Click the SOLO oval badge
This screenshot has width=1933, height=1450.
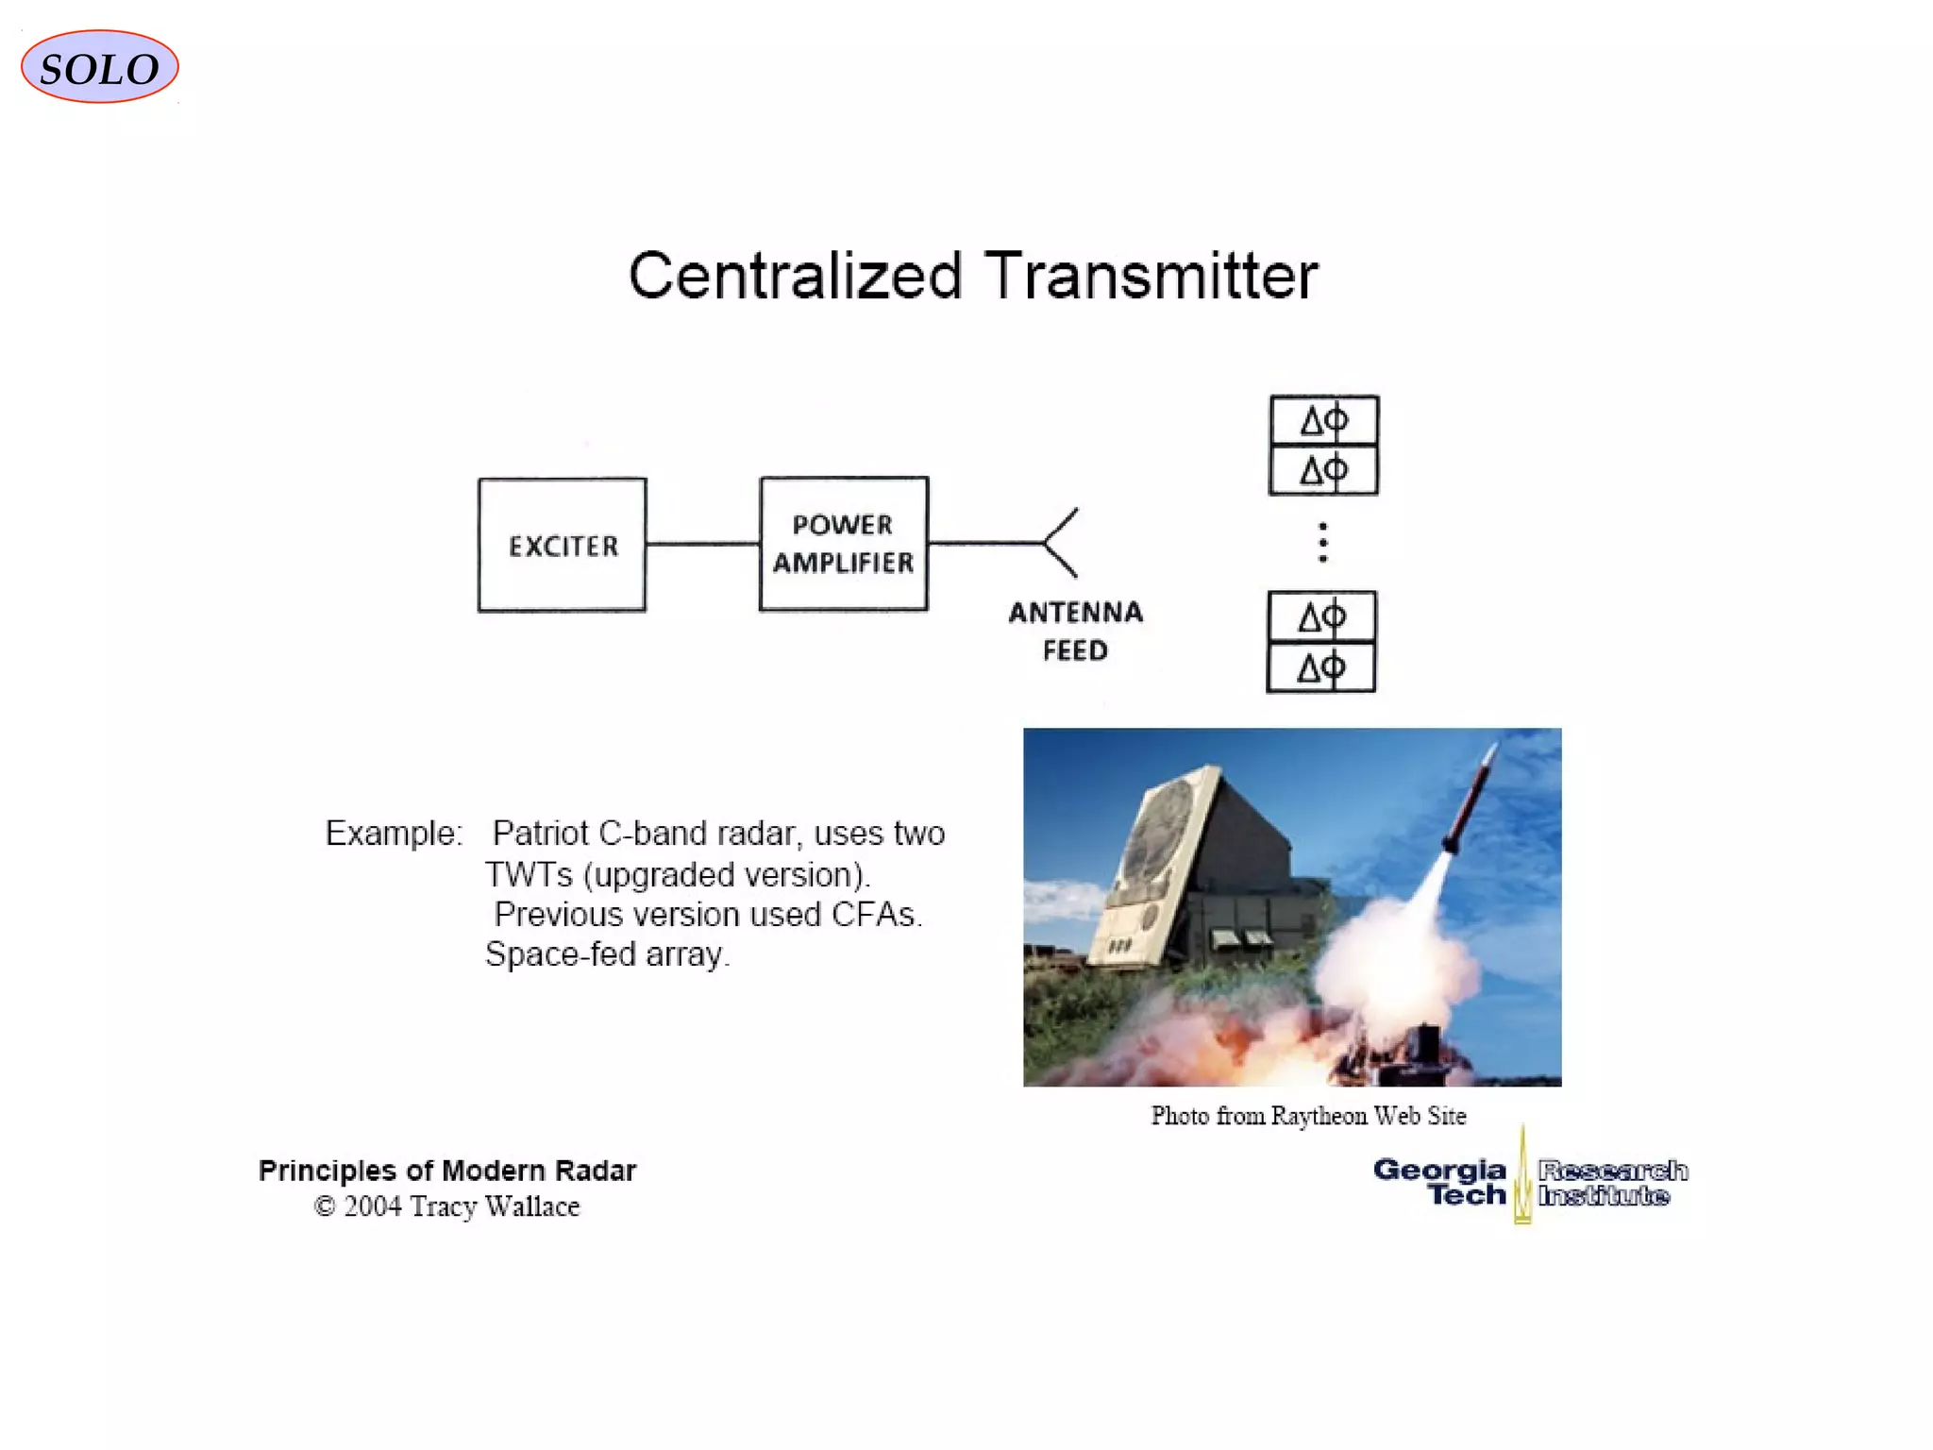pyautogui.click(x=99, y=67)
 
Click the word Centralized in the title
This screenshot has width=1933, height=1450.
pyautogui.click(x=795, y=276)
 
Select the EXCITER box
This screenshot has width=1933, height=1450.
pyautogui.click(x=563, y=545)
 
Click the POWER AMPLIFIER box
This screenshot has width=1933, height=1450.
pyautogui.click(x=844, y=544)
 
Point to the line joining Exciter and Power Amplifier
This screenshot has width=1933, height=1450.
pyautogui.click(x=703, y=544)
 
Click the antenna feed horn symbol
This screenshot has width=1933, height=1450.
pyautogui.click(x=1061, y=543)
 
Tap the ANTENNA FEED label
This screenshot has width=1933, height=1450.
pyautogui.click(x=1075, y=632)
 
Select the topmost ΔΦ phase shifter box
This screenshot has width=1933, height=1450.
pyautogui.click(x=1323, y=421)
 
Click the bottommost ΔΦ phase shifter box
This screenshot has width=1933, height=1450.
pyautogui.click(x=1320, y=668)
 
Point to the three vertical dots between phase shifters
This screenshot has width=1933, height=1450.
pyautogui.click(x=1323, y=543)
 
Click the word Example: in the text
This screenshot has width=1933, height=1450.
pyautogui.click(x=394, y=834)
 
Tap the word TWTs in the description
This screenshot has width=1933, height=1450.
pyautogui.click(x=529, y=875)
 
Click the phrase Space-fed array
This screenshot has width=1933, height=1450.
pyautogui.click(x=608, y=954)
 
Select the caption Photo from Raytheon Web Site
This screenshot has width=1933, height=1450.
pyautogui.click(x=1308, y=1116)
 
